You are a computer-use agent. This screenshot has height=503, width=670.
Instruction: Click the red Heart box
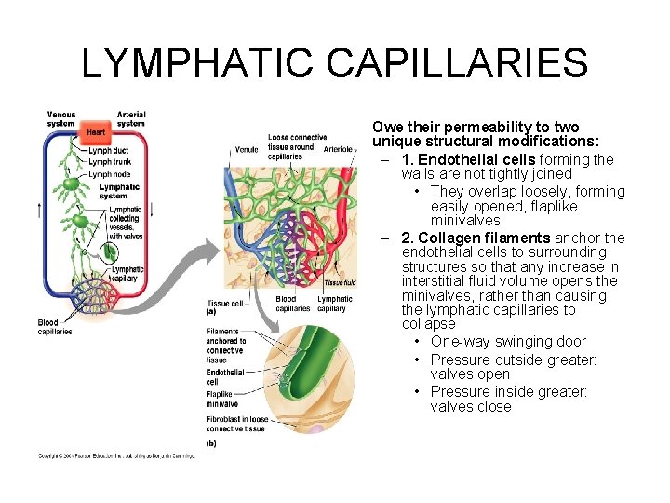click(97, 133)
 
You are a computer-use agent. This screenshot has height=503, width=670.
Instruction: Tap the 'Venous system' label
click(61, 119)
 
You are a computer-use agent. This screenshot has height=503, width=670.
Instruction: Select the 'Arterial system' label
click(131, 119)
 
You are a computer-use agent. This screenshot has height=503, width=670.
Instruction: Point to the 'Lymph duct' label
click(109, 151)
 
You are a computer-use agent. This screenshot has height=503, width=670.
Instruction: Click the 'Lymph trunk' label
click(110, 162)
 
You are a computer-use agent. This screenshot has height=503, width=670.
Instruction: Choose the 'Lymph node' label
click(110, 174)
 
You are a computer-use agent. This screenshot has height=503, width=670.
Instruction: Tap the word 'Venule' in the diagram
click(247, 149)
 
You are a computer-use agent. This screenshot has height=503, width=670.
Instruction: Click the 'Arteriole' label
click(338, 149)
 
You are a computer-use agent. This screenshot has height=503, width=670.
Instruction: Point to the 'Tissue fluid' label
click(340, 282)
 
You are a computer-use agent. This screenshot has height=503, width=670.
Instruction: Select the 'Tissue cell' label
click(225, 303)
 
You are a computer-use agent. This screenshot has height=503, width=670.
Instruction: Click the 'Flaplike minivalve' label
click(223, 399)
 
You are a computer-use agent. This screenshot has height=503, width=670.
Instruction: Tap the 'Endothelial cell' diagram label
click(225, 376)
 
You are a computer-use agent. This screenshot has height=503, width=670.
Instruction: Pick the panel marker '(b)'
click(211, 443)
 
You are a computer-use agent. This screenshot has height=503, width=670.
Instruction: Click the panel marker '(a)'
click(210, 312)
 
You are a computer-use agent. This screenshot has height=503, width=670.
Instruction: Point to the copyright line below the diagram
click(121, 455)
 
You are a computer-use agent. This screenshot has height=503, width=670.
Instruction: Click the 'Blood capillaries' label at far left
click(54, 327)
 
